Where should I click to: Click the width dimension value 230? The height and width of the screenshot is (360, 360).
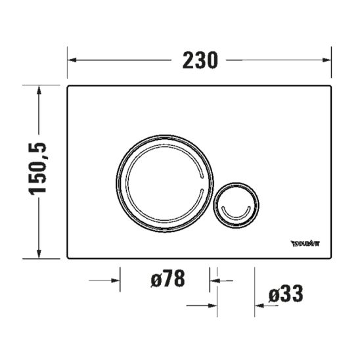199,60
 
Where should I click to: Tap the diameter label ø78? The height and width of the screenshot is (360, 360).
166,279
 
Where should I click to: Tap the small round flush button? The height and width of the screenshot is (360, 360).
236,202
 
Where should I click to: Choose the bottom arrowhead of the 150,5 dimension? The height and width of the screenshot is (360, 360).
41,254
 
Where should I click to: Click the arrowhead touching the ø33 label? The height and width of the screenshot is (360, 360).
259,304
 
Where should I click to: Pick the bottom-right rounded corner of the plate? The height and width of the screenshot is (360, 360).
328,256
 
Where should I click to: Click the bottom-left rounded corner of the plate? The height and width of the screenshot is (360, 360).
70,256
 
